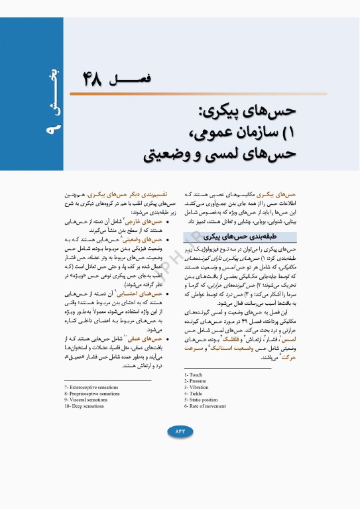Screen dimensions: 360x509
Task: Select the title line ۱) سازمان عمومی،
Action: pos(225,133)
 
